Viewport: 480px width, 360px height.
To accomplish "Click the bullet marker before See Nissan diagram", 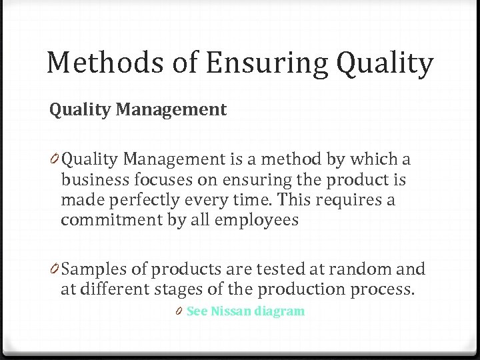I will [x=180, y=311].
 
